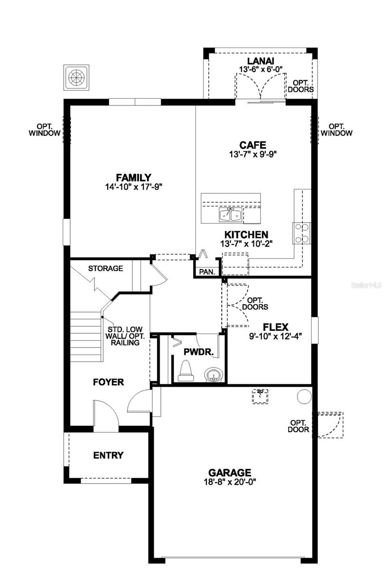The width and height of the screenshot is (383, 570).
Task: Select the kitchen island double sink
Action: click(231, 215)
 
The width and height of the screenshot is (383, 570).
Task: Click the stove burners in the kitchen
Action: click(302, 233)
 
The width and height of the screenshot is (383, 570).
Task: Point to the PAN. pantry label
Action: click(207, 272)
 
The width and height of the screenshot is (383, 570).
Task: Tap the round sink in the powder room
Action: click(213, 375)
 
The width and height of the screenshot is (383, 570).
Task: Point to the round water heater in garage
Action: click(304, 396)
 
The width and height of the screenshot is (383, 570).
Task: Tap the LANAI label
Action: click(261, 61)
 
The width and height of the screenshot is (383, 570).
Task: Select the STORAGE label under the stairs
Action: click(105, 268)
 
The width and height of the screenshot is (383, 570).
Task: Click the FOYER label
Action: click(108, 382)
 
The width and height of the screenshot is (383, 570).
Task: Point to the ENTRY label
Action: click(108, 455)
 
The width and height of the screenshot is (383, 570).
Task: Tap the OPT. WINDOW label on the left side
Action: click(44, 130)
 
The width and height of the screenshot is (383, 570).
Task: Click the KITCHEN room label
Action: click(246, 235)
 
